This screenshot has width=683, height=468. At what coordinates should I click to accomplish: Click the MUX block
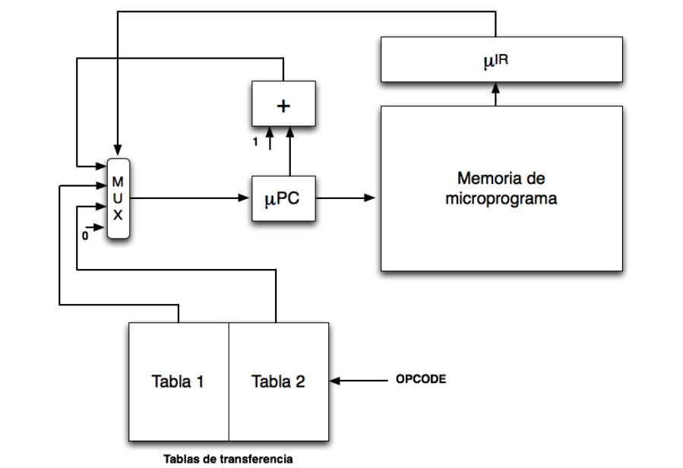tap(119, 199)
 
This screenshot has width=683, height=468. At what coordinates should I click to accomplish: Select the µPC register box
tap(283, 199)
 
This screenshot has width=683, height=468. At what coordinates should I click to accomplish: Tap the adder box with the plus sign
tap(283, 105)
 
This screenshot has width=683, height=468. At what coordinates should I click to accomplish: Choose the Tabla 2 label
tap(278, 381)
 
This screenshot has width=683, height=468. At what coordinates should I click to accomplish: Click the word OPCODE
tap(421, 378)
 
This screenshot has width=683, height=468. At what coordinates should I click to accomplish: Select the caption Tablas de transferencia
tap(227, 458)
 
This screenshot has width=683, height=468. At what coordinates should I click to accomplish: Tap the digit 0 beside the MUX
tap(84, 236)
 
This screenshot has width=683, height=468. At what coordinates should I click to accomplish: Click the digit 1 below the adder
tap(256, 143)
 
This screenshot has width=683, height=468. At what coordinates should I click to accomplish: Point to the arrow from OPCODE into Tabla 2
tap(357, 379)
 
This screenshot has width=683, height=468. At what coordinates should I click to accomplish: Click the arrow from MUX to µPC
tap(190, 199)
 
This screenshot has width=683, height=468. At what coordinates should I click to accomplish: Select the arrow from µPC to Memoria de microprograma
tap(346, 199)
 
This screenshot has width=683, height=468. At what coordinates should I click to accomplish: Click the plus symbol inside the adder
tap(283, 105)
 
